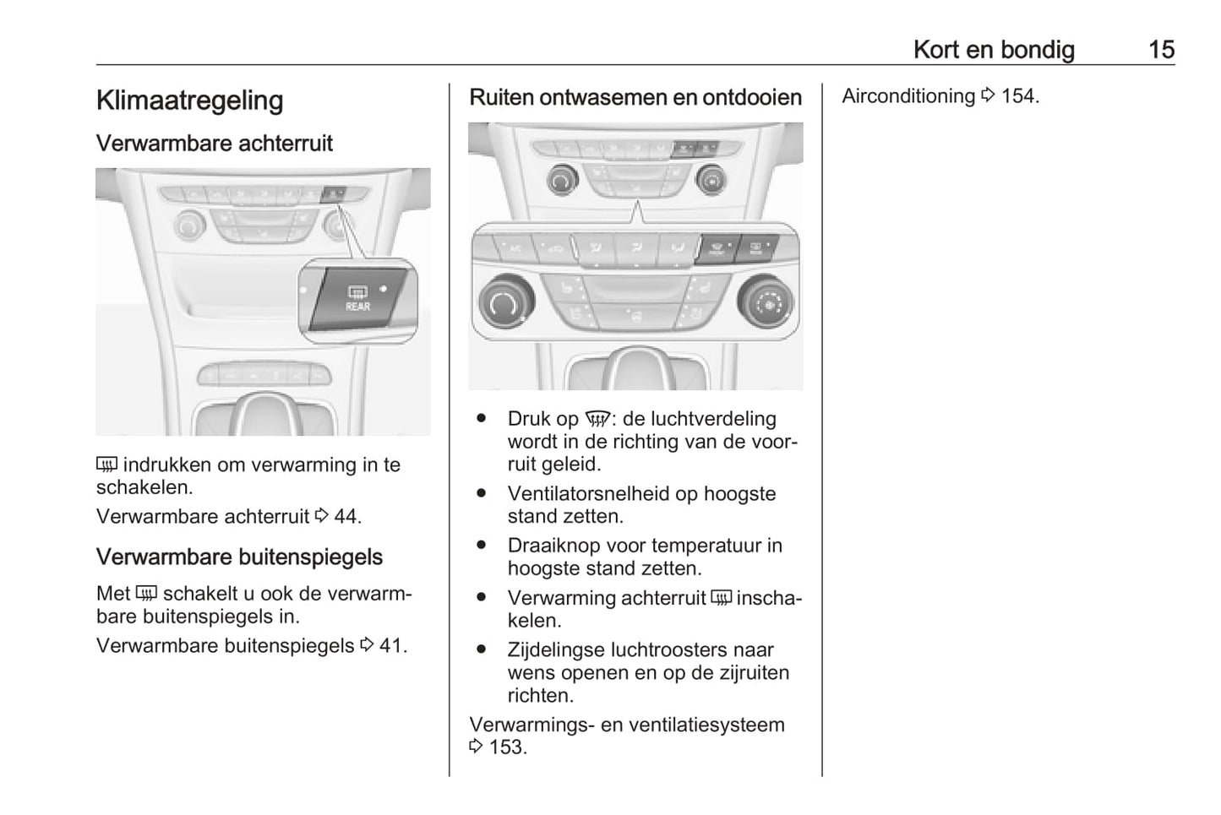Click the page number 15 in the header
pyautogui.click(x=1161, y=50)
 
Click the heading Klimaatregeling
pyautogui.click(x=189, y=101)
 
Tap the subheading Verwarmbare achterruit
pyautogui.click(x=214, y=144)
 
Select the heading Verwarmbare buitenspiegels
pyautogui.click(x=239, y=557)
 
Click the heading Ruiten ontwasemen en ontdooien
pyautogui.click(x=635, y=98)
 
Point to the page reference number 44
pyautogui.click(x=346, y=517)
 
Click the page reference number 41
pyautogui.click(x=392, y=646)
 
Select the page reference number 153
pyautogui.click(x=506, y=747)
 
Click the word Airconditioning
pyautogui.click(x=908, y=96)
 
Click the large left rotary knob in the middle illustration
pyautogui.click(x=505, y=302)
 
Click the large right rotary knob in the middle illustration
pyautogui.click(x=766, y=302)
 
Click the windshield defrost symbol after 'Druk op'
pyautogui.click(x=597, y=420)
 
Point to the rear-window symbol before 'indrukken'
pyautogui.click(x=106, y=465)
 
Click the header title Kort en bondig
pyautogui.click(x=994, y=50)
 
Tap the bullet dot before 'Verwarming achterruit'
pyautogui.click(x=482, y=597)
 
